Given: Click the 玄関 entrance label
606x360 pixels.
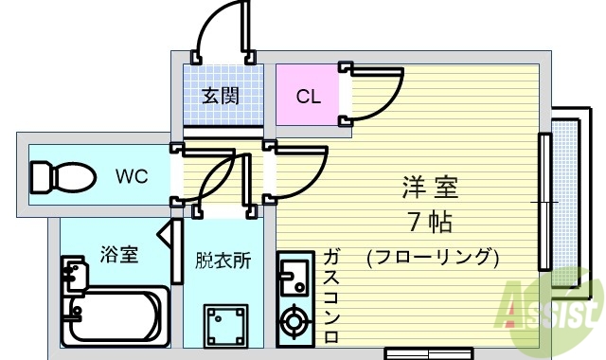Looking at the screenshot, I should point(220,96).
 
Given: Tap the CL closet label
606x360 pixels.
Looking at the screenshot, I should point(308,96).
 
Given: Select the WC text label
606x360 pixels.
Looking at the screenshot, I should point(132,176).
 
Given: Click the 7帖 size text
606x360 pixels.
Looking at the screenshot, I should point(428,224).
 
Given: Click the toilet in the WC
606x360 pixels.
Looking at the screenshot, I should point(62,177).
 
